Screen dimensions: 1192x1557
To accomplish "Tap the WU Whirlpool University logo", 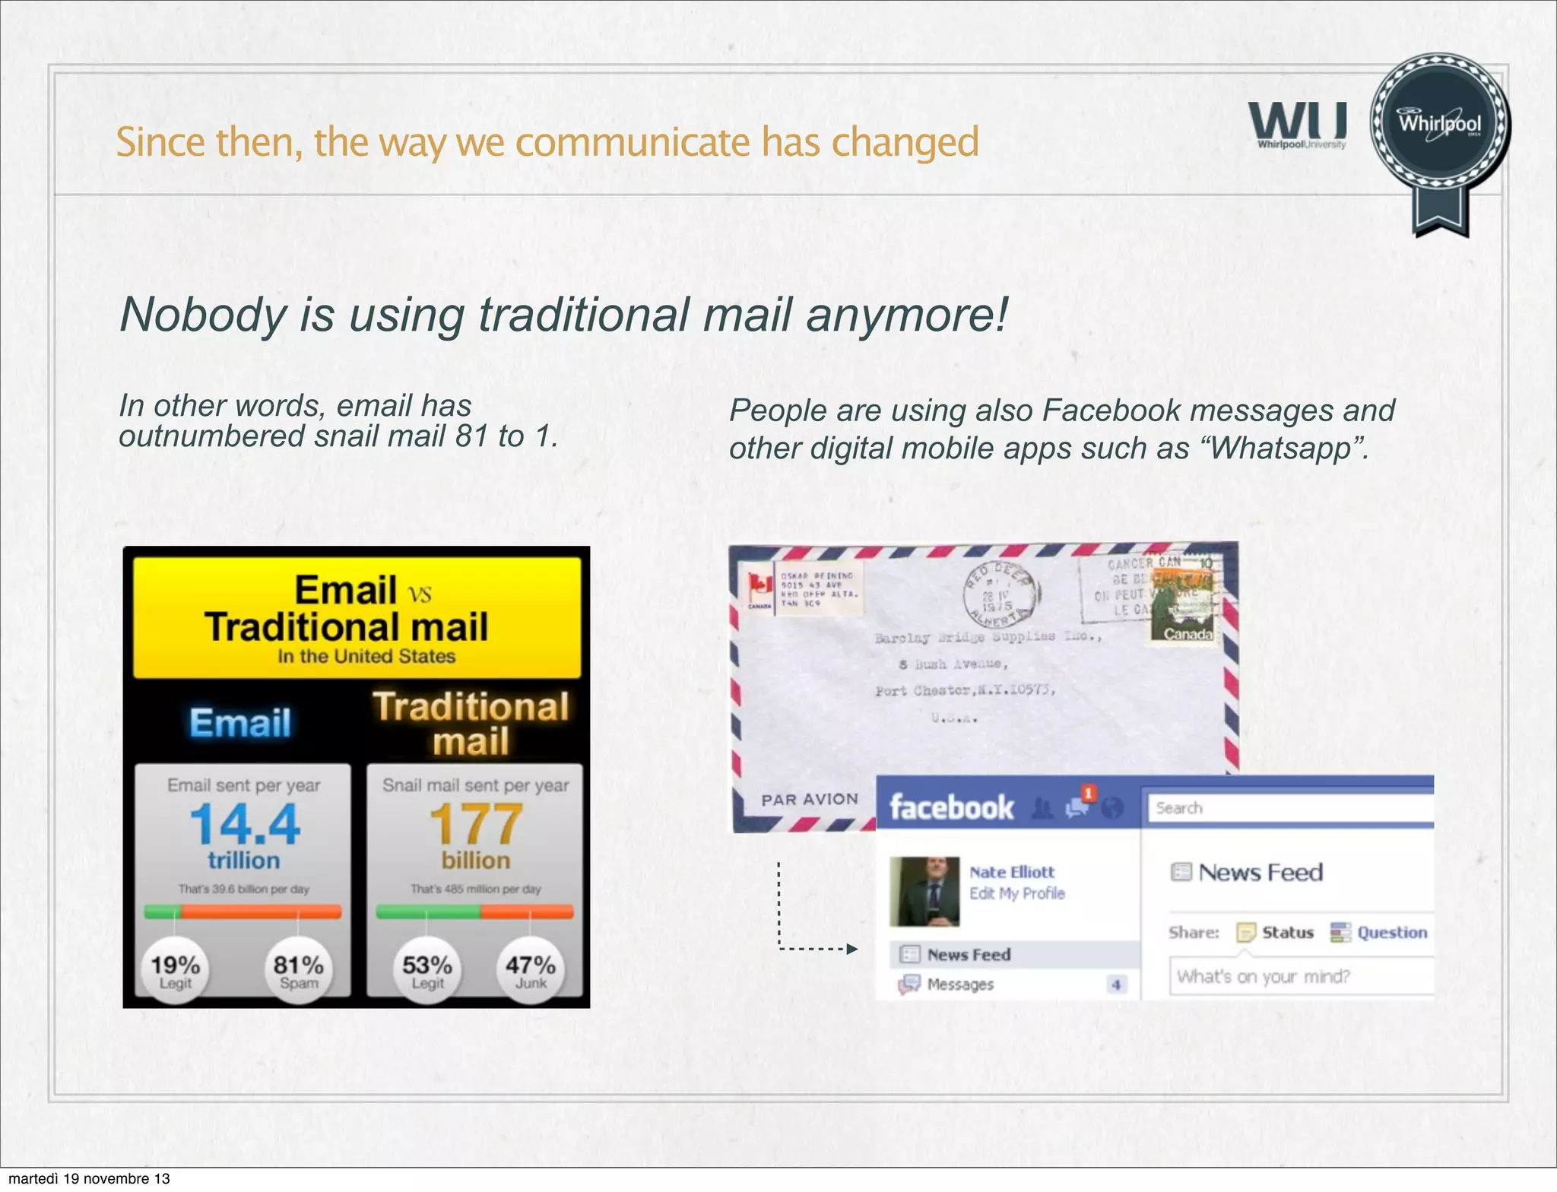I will tap(1298, 125).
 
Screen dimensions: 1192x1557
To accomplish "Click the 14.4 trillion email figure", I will tap(245, 825).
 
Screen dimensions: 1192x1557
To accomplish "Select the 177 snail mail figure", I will tap(476, 825).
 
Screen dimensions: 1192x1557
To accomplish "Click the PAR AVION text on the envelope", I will tap(810, 799).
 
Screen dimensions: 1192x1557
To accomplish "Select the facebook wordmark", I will tap(952, 807).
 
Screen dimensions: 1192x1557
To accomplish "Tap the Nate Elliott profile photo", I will tap(924, 891).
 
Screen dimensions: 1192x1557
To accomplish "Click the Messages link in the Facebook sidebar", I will tap(960, 984).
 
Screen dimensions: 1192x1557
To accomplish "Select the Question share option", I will tap(1391, 932).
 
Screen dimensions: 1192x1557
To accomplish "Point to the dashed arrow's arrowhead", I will tap(852, 949).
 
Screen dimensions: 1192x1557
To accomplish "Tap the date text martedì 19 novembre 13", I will tap(89, 1179).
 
